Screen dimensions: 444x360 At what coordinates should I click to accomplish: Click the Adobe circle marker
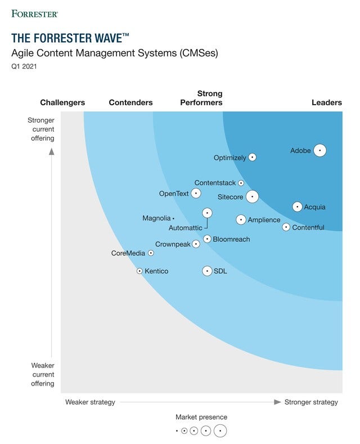pyautogui.click(x=319, y=150)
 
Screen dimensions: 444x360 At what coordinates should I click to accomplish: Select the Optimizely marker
pyautogui.click(x=252, y=158)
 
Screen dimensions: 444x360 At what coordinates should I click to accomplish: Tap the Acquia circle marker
pyautogui.click(x=297, y=207)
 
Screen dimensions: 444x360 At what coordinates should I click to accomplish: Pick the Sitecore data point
pyautogui.click(x=252, y=196)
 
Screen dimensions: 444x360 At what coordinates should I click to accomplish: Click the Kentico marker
pyautogui.click(x=139, y=271)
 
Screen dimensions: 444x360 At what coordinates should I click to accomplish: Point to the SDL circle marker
pyautogui.click(x=207, y=271)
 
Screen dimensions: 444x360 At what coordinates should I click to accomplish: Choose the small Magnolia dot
pyautogui.click(x=173, y=218)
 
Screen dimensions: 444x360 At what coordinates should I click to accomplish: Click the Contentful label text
pyautogui.click(x=308, y=227)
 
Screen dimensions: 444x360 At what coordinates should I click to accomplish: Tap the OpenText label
pyautogui.click(x=174, y=194)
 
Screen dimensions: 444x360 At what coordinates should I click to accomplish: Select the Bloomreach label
pyautogui.click(x=231, y=239)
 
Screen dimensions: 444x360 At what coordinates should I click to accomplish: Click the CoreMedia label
pyautogui.click(x=128, y=253)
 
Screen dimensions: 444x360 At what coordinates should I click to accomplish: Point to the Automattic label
pyautogui.click(x=185, y=228)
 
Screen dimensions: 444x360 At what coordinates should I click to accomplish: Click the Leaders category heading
pyautogui.click(x=326, y=102)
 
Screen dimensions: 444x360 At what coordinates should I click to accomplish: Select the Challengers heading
pyautogui.click(x=62, y=102)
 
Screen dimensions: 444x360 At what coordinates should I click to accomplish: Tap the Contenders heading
pyautogui.click(x=130, y=102)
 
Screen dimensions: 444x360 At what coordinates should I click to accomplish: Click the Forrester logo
pyautogui.click(x=34, y=13)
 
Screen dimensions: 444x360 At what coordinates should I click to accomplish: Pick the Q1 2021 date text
pyautogui.click(x=23, y=66)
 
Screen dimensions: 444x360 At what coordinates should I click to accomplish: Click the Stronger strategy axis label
pyautogui.click(x=311, y=402)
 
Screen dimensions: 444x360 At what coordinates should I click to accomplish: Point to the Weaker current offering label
pyautogui.click(x=43, y=374)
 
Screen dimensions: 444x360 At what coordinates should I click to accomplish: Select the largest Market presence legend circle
pyautogui.click(x=220, y=431)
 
